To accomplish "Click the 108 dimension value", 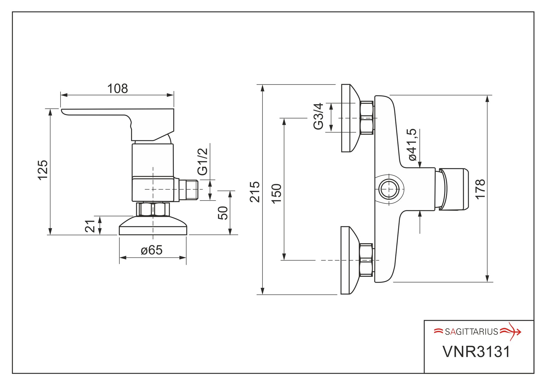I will tap(117, 89).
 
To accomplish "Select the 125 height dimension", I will tap(43, 170).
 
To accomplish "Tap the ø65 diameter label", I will tap(151, 250).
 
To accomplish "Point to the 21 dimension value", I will tap(90, 226).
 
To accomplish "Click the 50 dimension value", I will tap(223, 213).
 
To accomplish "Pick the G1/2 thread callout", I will tap(203, 162).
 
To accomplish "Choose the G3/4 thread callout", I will tap(318, 116).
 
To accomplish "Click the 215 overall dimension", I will tap(255, 192).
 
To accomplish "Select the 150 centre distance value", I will tap(277, 194).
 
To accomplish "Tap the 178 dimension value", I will tap(480, 189).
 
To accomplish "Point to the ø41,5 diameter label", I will tap(412, 145).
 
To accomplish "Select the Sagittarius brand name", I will tap(471, 332).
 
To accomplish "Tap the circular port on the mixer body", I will tap(389, 189).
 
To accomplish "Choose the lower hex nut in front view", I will tap(366, 260).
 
